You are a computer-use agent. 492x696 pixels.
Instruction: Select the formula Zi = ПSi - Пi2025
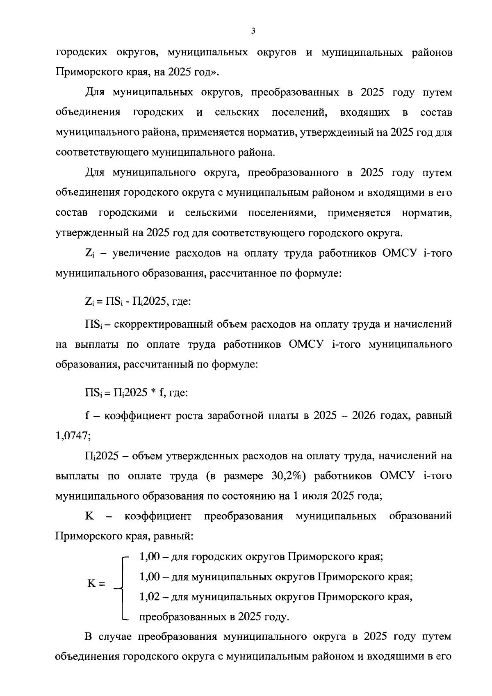(x=125, y=302)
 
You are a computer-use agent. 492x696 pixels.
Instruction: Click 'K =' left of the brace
(x=96, y=584)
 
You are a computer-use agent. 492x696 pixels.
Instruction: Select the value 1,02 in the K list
(x=149, y=596)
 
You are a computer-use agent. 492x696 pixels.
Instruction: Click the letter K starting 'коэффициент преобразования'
(x=89, y=516)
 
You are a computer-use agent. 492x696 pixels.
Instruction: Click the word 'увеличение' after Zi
(x=139, y=253)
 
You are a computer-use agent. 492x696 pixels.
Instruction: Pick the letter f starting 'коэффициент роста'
(x=87, y=415)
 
